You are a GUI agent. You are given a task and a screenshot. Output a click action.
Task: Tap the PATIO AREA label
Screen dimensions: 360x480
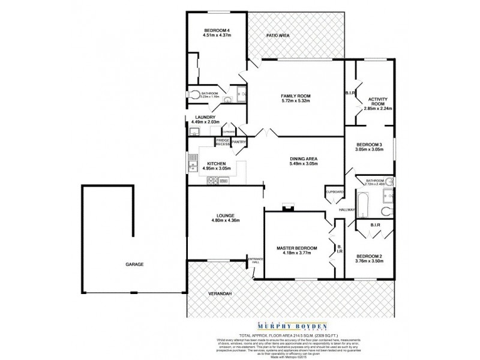pyautogui.click(x=278, y=36)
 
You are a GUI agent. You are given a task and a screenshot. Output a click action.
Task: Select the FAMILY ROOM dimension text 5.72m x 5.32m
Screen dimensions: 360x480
pyautogui.click(x=295, y=101)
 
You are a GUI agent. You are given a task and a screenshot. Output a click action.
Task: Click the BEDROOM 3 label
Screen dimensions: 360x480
pyautogui.click(x=369, y=145)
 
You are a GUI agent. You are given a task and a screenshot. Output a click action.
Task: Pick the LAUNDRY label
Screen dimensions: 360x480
pyautogui.click(x=197, y=117)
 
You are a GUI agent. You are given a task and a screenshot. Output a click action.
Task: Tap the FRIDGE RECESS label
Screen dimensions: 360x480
pyautogui.click(x=223, y=142)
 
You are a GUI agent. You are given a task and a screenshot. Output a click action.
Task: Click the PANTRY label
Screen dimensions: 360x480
pyautogui.click(x=239, y=142)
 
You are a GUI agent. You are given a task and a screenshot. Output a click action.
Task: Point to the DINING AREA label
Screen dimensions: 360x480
pyautogui.click(x=303, y=158)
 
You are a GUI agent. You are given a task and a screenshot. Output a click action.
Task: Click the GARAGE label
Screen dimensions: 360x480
pyautogui.click(x=134, y=264)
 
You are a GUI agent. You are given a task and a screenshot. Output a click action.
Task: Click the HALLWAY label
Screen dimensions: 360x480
pyautogui.click(x=347, y=210)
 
